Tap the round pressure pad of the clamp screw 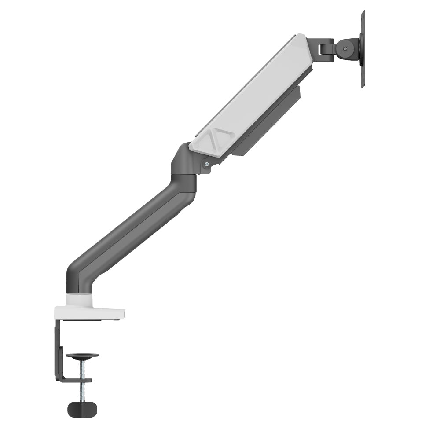click(x=82, y=356)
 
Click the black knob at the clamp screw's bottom click(x=82, y=408)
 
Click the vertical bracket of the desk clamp click(x=58, y=348)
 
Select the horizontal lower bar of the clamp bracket click(x=75, y=380)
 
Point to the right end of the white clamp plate click(x=122, y=313)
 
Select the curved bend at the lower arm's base click(x=77, y=277)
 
